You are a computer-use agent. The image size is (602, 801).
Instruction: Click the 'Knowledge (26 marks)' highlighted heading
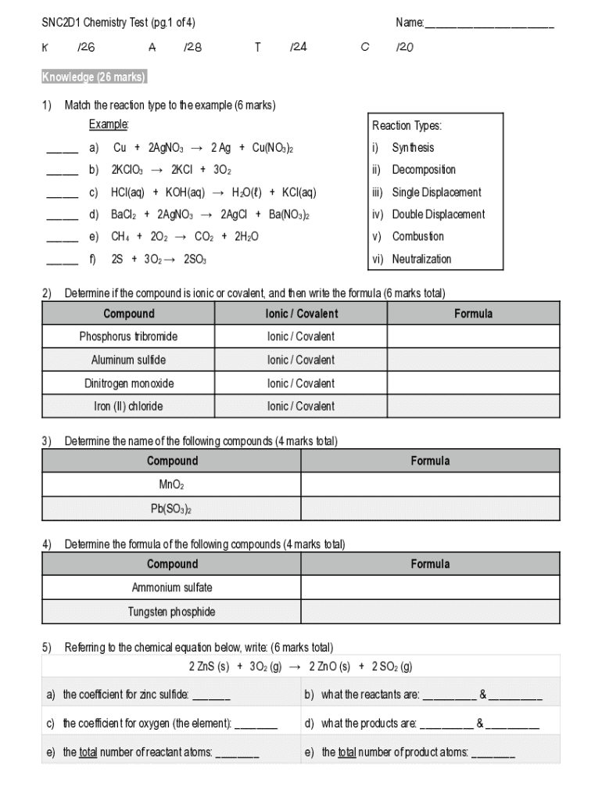pos(94,77)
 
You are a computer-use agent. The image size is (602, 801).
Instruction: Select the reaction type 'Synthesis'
pos(413,148)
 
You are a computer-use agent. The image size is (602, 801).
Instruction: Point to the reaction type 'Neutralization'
pos(421,259)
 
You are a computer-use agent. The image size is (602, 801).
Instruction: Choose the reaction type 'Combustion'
pos(417,236)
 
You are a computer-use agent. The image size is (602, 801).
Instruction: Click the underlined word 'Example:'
pos(109,125)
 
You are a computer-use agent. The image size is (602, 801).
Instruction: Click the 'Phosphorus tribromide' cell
pos(128,336)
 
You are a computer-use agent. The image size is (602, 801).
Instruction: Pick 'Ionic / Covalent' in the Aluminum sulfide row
pos(301,360)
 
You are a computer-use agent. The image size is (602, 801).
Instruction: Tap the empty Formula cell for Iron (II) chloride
pos(474,407)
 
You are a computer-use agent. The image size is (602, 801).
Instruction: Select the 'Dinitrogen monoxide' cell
pos(129,383)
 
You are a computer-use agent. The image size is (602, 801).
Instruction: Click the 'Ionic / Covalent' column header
pos(301,314)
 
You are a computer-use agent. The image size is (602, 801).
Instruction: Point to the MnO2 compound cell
pos(173,485)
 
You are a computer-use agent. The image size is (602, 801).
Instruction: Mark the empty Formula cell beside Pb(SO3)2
pos(430,508)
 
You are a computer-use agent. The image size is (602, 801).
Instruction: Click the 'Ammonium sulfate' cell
pos(172,587)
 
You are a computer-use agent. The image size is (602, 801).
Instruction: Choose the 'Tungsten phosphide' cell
pos(172,612)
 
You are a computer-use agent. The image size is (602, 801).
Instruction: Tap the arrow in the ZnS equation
pos(295,667)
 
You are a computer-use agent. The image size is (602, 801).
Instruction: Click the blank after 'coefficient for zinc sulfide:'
pos(211,695)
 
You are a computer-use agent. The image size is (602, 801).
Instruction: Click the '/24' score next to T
pos(299,47)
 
